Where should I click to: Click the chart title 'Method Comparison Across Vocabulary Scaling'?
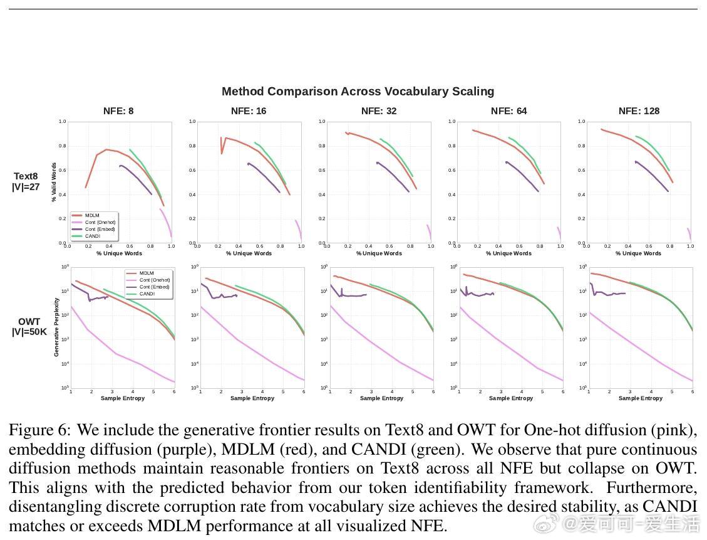pyautogui.click(x=358, y=92)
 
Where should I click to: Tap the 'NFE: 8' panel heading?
pyautogui.click(x=118, y=111)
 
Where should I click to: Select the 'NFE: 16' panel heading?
pyautogui.click(x=249, y=111)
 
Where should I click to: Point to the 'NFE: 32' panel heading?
pyautogui.click(x=379, y=111)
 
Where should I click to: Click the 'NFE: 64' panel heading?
pyautogui.click(x=509, y=111)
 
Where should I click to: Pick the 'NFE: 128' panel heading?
pyautogui.click(x=639, y=111)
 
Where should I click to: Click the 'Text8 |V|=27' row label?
pyautogui.click(x=26, y=181)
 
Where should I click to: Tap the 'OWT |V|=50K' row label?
pyautogui.click(x=29, y=327)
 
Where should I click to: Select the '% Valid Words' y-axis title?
pyautogui.click(x=54, y=182)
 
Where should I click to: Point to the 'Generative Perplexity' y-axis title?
pyautogui.click(x=56, y=327)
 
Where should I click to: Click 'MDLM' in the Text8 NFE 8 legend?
pyautogui.click(x=92, y=216)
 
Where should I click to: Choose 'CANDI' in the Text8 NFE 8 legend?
pyautogui.click(x=93, y=236)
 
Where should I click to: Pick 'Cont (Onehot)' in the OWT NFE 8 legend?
pyautogui.click(x=154, y=280)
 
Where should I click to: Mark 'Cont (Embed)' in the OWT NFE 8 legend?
pyautogui.click(x=154, y=287)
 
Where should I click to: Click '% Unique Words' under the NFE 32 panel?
pyautogui.click(x=379, y=253)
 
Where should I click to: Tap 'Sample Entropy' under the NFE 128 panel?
pyautogui.click(x=641, y=398)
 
